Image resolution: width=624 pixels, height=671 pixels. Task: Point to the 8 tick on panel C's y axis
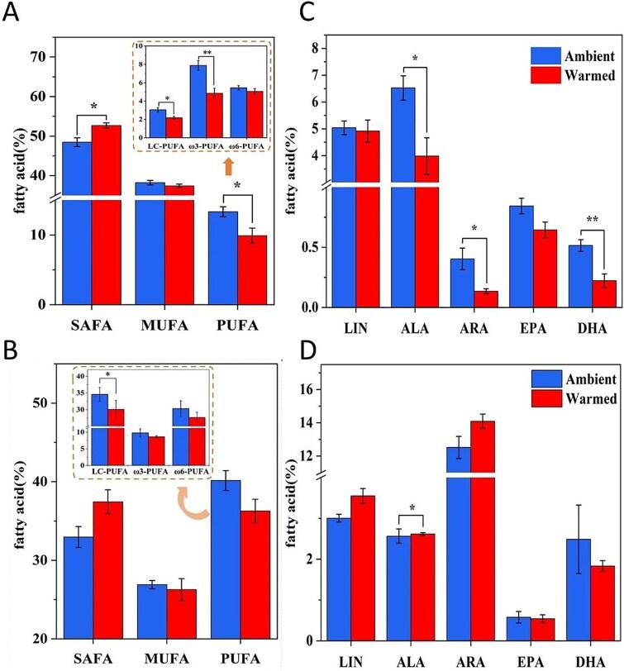click(x=328, y=48)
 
